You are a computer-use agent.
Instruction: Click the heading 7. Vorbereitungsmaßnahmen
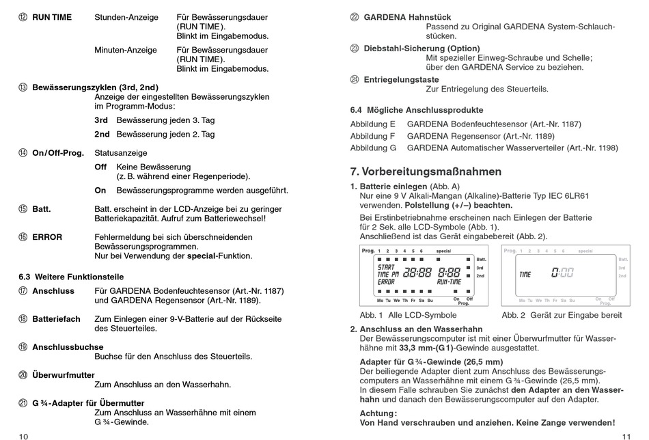(426, 171)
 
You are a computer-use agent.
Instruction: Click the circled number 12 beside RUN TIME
(23, 17)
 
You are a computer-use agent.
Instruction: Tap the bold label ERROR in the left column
(47, 237)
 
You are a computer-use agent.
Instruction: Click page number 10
(24, 435)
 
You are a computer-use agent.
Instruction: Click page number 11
(625, 435)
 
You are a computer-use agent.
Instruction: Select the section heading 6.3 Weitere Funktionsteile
(71, 277)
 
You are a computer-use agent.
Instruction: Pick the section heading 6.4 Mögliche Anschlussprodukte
(417, 109)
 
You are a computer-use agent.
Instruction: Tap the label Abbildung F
(373, 136)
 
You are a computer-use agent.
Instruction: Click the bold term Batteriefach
(56, 319)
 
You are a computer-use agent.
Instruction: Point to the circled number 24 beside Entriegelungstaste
(355, 79)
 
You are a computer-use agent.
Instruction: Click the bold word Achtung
(377, 413)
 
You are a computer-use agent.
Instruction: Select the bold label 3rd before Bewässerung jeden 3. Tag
(102, 120)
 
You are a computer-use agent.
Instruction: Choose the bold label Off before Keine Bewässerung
(100, 167)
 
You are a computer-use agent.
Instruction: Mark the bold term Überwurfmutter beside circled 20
(64, 375)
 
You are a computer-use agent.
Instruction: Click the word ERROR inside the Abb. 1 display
(387, 281)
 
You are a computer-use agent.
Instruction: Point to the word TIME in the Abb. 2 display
(525, 275)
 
